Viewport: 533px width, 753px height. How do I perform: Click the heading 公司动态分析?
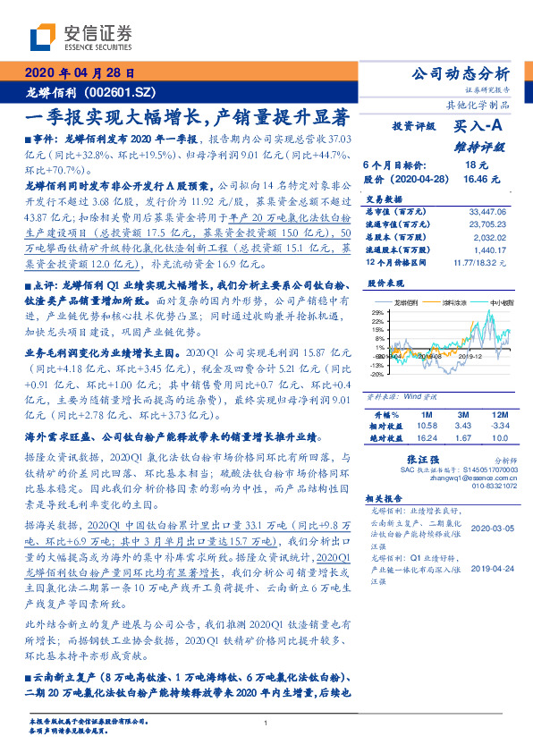pyautogui.click(x=458, y=73)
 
